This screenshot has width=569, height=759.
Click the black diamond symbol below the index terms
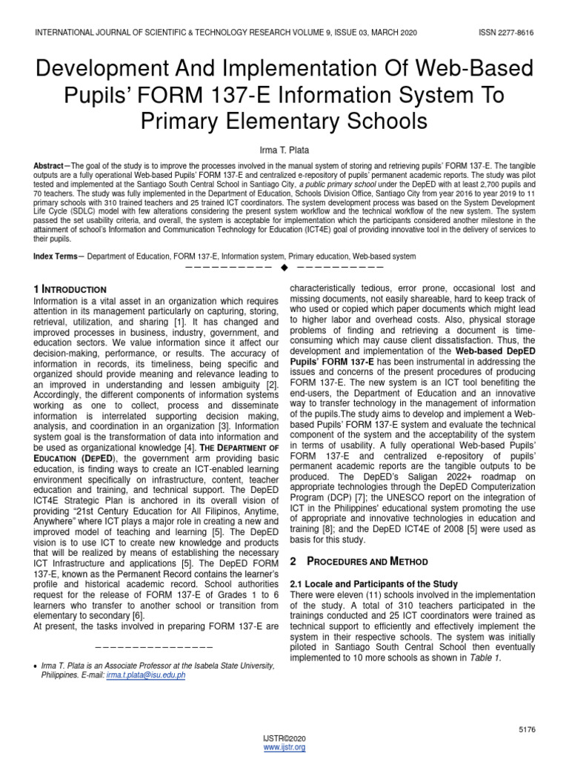(284, 267)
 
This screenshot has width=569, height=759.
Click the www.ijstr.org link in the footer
(284, 748)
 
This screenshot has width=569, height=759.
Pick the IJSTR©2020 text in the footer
(284, 739)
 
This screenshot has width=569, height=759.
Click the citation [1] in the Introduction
(179, 324)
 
